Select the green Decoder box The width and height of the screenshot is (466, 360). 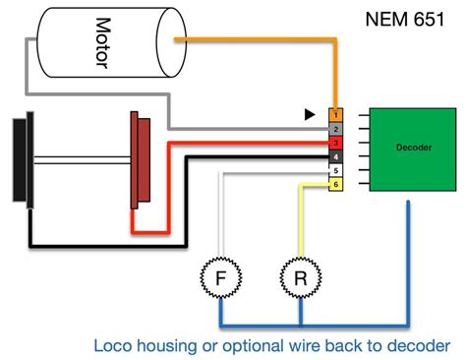coord(405,150)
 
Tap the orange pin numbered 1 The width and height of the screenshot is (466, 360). coord(335,115)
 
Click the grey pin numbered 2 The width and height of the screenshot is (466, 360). coord(335,129)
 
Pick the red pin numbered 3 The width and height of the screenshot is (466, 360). coord(335,143)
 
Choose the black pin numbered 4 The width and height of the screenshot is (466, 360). coord(335,156)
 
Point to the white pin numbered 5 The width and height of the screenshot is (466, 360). coord(335,170)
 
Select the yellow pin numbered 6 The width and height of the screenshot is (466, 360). coord(335,184)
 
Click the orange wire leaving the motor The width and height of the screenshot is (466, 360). coord(256,40)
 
